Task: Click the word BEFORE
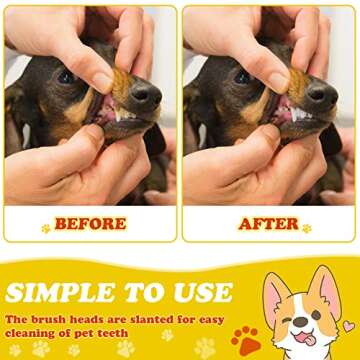[x=90, y=223]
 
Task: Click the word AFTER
[x=268, y=223]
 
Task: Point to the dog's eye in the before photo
[x=66, y=76]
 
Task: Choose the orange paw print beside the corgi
[x=244, y=338]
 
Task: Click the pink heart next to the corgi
[x=348, y=326]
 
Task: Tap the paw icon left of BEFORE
[x=45, y=228]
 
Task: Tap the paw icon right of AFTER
[x=306, y=228]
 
